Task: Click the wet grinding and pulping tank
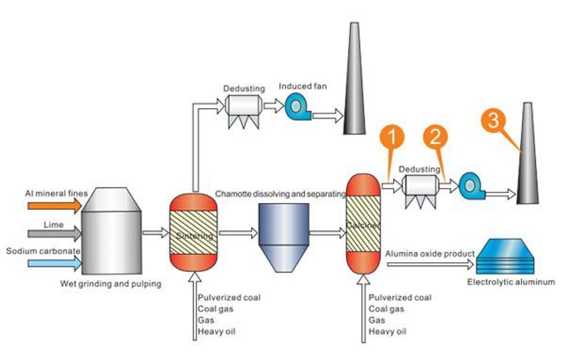111,233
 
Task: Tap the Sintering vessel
193,233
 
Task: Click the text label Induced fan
303,86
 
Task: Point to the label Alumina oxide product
429,254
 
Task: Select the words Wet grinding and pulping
111,284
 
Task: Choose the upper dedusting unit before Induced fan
244,107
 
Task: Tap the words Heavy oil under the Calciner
387,332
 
